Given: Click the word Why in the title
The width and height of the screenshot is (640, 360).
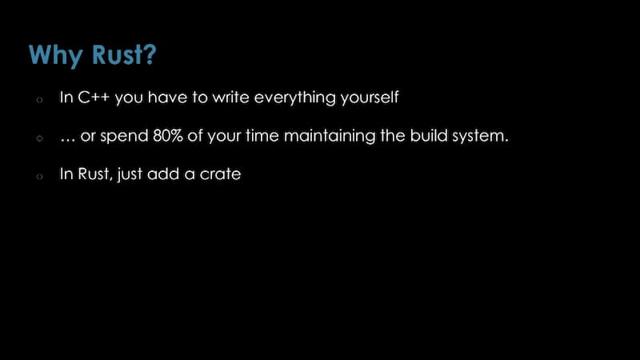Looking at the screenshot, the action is click(x=56, y=55).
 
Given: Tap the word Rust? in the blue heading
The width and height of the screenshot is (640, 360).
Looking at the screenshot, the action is click(x=124, y=54).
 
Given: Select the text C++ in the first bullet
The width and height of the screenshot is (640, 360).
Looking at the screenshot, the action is click(x=94, y=97).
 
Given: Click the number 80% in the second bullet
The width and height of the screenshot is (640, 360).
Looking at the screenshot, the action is click(x=168, y=135).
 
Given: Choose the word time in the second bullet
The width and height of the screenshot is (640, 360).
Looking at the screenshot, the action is click(x=262, y=135).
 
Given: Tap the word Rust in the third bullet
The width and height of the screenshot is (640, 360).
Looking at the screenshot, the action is click(x=94, y=174).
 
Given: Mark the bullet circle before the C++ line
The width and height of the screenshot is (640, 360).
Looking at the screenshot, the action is click(x=39, y=99).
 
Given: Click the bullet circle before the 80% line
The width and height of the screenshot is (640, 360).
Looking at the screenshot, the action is click(x=39, y=138).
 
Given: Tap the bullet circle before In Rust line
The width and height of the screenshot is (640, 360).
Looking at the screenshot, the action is click(x=39, y=176).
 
